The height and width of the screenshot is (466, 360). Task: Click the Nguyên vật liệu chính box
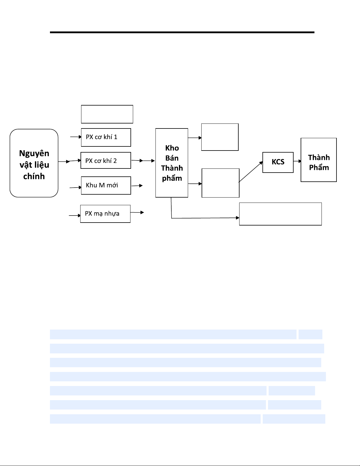click(34, 163)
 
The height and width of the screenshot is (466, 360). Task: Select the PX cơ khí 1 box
click(106, 137)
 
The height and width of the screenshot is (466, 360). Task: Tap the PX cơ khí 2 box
click(106, 161)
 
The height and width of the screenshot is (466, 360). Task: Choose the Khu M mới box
click(106, 186)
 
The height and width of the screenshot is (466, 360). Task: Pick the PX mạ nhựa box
click(105, 214)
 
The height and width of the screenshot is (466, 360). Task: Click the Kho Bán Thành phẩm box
click(172, 163)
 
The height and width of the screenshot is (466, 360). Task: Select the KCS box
click(278, 162)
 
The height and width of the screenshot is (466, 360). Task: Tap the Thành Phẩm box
click(319, 160)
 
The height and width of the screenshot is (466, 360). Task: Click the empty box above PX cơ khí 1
click(107, 114)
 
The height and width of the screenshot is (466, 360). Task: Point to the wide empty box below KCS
click(280, 214)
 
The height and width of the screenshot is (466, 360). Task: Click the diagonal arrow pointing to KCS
click(251, 172)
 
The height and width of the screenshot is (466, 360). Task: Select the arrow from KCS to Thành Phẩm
click(297, 161)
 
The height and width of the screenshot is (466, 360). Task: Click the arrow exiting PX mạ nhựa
click(137, 212)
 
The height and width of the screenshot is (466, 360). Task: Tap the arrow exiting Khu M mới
click(137, 186)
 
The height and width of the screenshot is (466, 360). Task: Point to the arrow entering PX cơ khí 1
click(76, 137)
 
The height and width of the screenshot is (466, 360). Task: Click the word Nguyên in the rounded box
click(34, 153)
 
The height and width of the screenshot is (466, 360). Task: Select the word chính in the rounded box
click(34, 176)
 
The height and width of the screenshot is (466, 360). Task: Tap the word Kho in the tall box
click(172, 148)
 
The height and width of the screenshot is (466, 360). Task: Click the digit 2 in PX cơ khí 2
click(115, 161)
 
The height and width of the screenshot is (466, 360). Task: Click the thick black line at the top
click(182, 32)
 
